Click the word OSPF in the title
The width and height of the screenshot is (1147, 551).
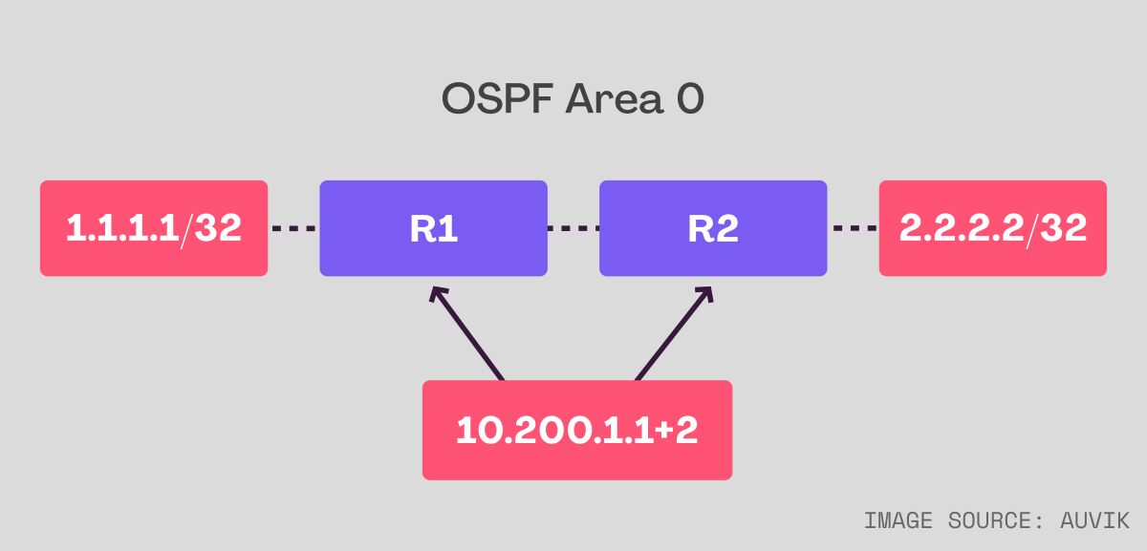(x=497, y=99)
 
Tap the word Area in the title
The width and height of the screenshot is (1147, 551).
(x=611, y=99)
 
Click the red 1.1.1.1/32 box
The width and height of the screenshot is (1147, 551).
(x=154, y=228)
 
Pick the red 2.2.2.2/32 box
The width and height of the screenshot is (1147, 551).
(x=992, y=228)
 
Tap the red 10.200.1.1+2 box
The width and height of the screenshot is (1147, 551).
(x=576, y=430)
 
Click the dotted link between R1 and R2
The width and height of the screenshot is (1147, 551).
(x=573, y=228)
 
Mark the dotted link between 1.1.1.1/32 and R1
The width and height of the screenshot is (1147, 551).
(x=293, y=228)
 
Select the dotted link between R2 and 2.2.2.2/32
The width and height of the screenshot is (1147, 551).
(x=854, y=228)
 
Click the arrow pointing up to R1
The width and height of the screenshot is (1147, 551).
(x=468, y=335)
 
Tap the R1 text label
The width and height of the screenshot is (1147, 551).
(x=433, y=229)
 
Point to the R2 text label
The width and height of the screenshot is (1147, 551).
(x=712, y=229)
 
